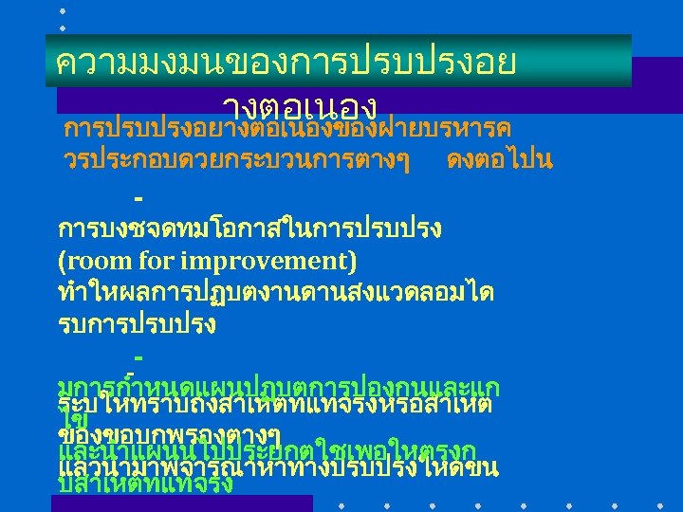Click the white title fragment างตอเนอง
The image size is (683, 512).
[301, 105]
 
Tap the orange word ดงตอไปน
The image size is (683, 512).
[499, 159]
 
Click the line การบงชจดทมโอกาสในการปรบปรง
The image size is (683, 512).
[255, 229]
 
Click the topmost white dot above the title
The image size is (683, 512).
[63, 9]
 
